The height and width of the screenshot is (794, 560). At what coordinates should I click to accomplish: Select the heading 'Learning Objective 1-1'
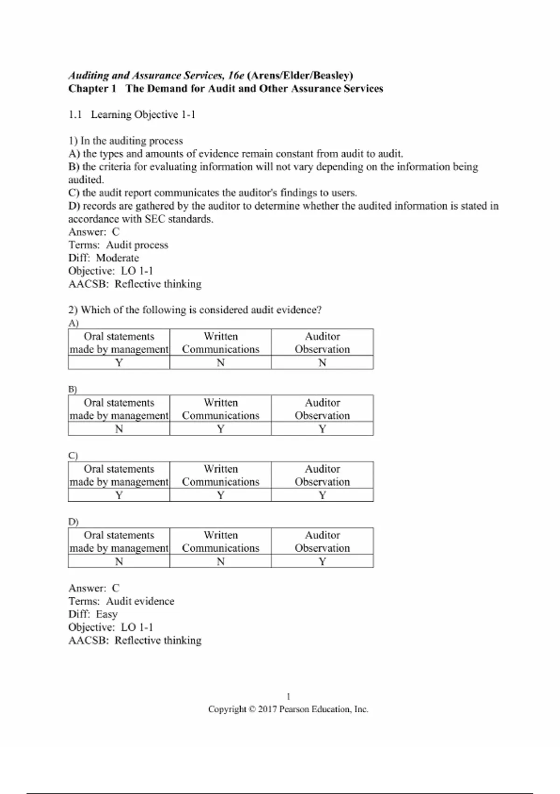143,115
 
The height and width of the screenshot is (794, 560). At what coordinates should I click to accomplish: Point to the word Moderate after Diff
117,258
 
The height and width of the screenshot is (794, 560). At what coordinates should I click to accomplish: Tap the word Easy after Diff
106,614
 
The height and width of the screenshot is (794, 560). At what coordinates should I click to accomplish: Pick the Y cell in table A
119,362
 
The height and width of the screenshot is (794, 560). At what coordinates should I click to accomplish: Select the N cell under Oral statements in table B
119,429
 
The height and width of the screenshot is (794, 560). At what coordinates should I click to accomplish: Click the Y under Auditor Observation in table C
322,495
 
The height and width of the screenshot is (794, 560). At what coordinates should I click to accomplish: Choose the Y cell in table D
322,561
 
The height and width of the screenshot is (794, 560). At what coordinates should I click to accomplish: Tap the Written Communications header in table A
220,343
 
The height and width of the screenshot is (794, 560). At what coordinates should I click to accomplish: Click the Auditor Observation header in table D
322,541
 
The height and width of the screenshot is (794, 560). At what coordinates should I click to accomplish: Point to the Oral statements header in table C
119,475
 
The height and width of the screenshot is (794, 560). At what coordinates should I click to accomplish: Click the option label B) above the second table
72,389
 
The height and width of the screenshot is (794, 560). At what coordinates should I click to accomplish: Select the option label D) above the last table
73,522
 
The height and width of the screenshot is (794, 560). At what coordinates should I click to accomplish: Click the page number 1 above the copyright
288,696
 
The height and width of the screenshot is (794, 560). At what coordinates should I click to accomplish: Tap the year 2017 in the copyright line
267,709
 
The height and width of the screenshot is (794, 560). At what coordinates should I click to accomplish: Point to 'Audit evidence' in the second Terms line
140,601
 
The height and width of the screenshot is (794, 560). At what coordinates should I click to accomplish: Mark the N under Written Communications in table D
220,561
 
